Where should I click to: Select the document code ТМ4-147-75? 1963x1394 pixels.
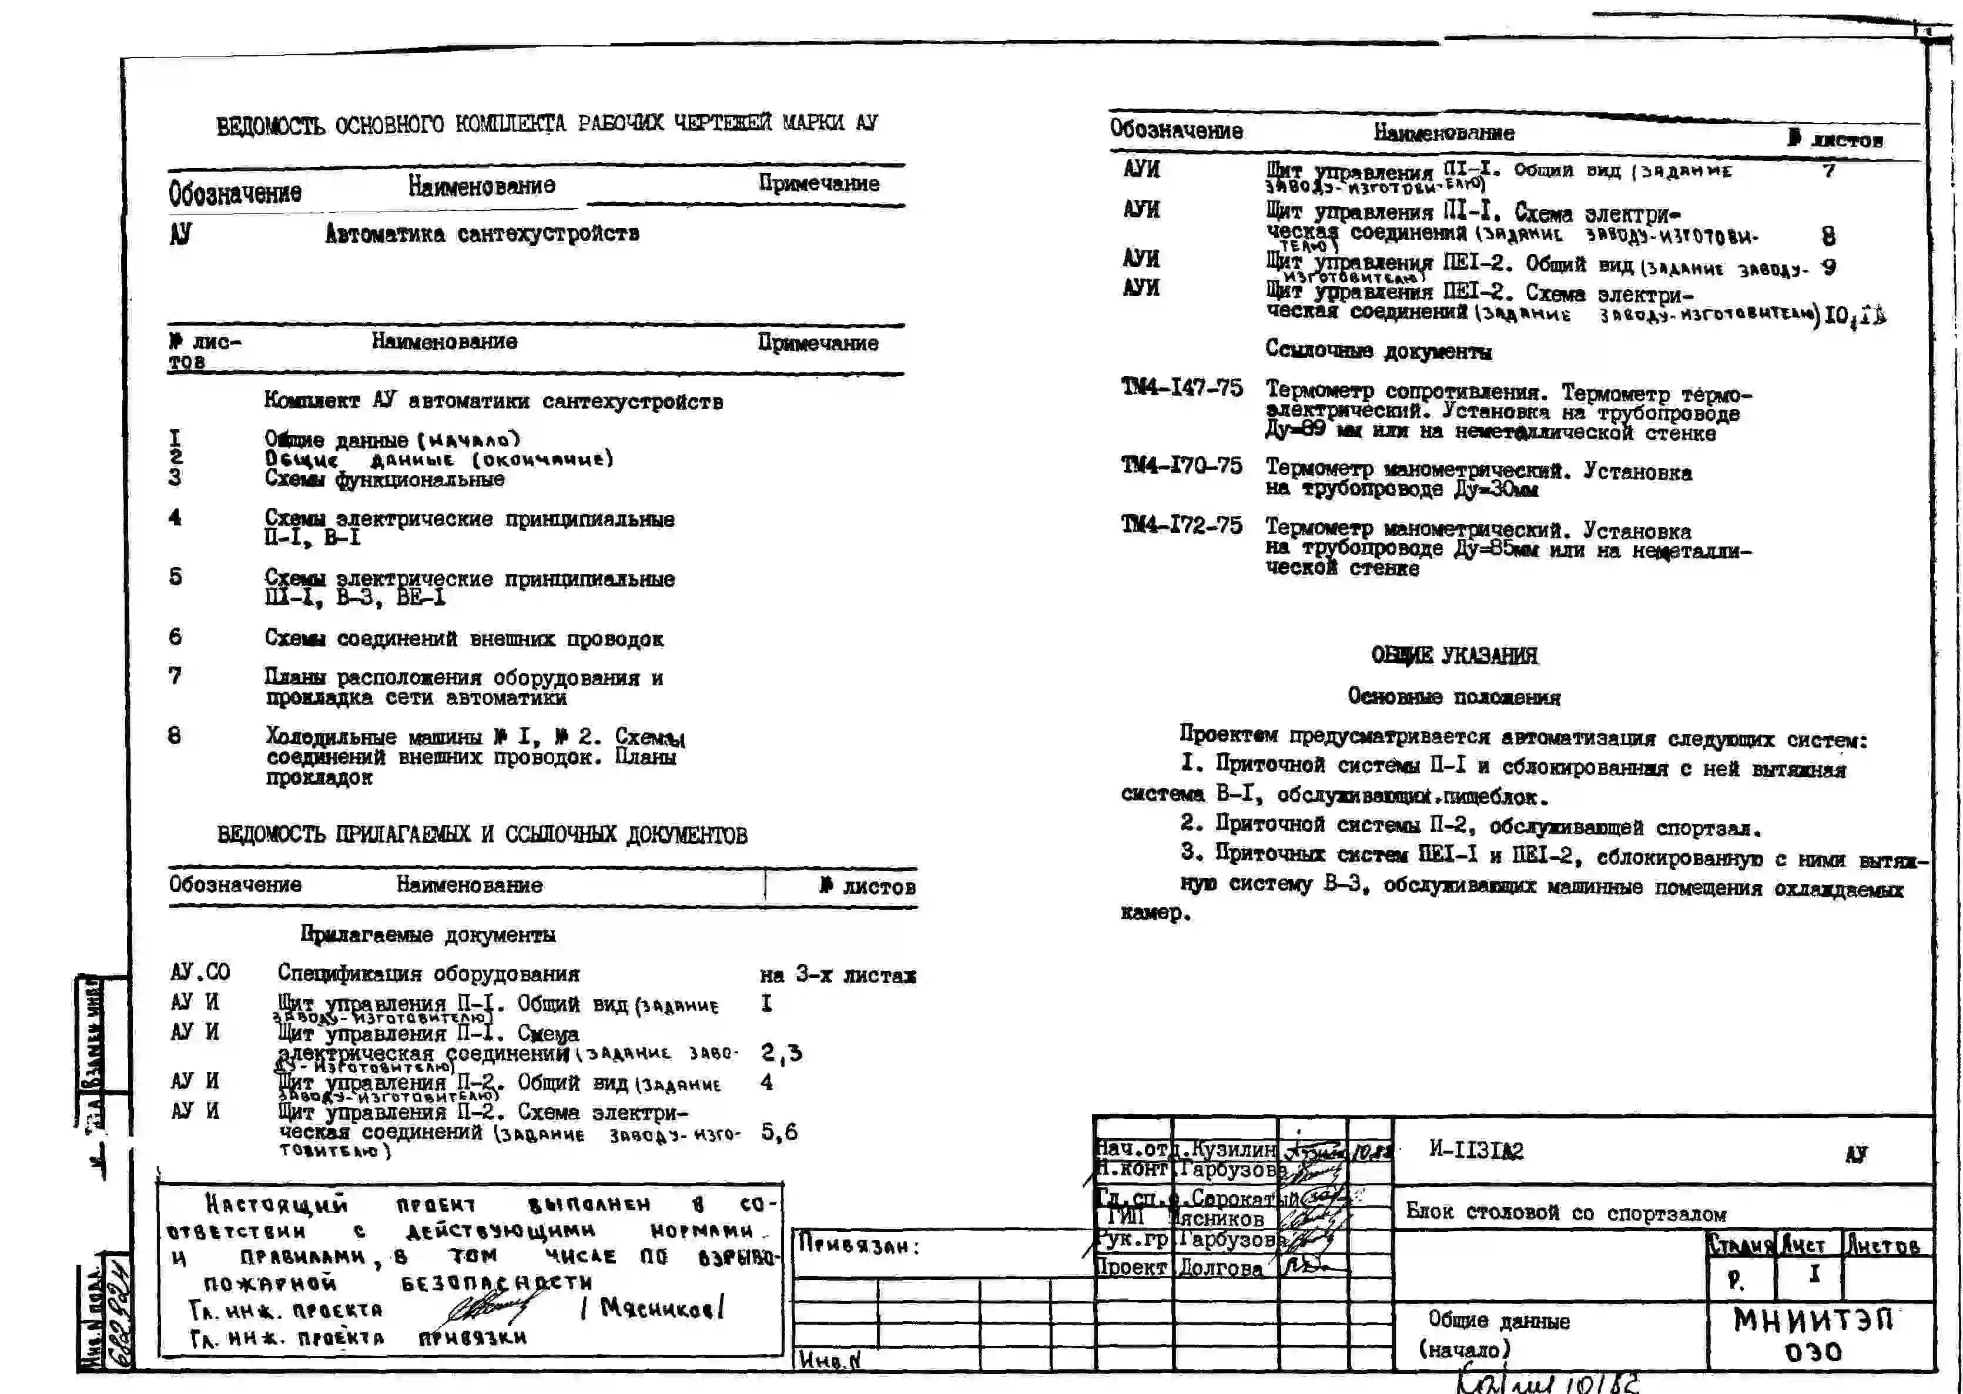[x=1181, y=388]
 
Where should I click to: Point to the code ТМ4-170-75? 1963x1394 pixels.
[x=1181, y=465]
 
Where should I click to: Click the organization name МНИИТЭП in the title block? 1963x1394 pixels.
[x=1813, y=1319]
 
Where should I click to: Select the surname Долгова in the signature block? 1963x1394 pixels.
[x=1220, y=1267]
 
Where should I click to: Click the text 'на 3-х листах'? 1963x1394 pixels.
[x=837, y=974]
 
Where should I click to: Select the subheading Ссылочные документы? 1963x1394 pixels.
[x=1378, y=351]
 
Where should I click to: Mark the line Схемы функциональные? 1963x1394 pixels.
[x=384, y=479]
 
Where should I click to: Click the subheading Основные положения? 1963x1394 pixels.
[x=1453, y=696]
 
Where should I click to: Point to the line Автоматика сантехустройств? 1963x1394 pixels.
[x=481, y=233]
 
